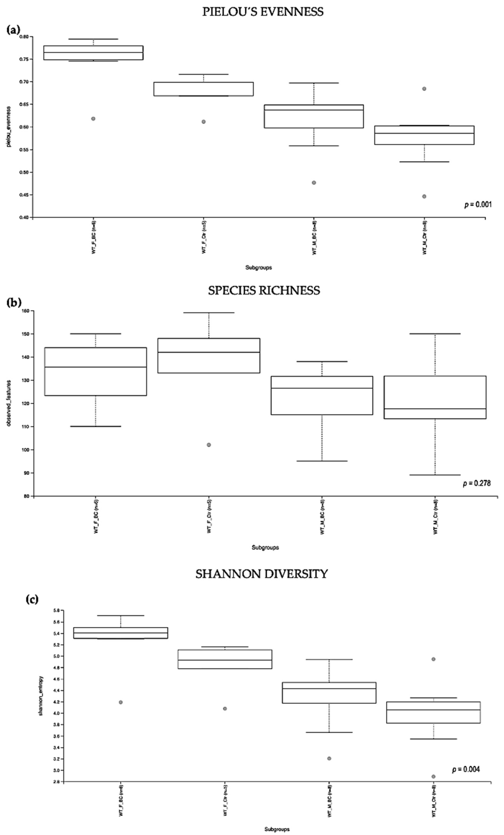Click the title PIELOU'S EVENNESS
(263, 12)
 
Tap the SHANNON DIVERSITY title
(261, 574)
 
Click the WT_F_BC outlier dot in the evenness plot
(93, 119)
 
